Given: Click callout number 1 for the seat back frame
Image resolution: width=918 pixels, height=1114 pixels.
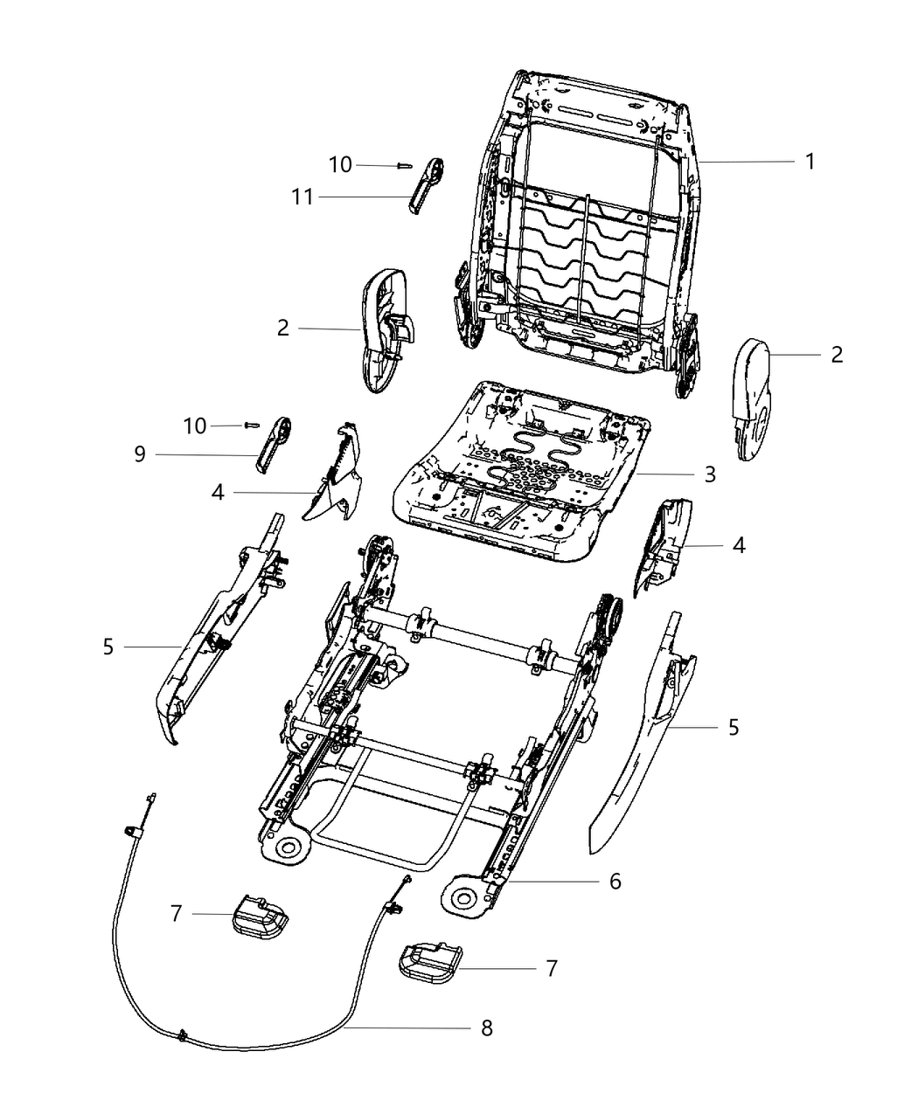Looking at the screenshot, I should (x=810, y=162).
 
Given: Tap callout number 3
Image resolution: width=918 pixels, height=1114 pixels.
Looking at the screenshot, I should (x=709, y=474).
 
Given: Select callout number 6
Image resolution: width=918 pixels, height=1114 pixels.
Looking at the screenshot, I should (x=615, y=882).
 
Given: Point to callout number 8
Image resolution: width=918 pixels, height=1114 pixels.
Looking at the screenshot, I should (x=486, y=1028).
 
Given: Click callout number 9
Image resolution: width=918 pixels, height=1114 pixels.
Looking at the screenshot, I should (x=138, y=454).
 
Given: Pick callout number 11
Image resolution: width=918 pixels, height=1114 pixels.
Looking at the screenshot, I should (x=302, y=198).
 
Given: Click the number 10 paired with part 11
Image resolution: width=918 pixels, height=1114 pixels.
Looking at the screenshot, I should (x=340, y=164).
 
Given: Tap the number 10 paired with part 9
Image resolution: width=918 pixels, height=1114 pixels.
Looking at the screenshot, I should (x=195, y=426).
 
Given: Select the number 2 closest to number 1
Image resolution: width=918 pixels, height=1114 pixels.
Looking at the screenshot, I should (x=837, y=354).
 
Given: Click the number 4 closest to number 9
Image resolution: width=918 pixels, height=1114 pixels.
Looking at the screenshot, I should (x=217, y=493).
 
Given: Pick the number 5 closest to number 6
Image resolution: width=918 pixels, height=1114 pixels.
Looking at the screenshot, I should (x=733, y=726).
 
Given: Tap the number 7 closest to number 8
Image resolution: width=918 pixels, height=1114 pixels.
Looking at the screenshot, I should (x=551, y=968).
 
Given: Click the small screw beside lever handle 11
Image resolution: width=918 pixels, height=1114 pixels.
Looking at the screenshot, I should (x=403, y=165).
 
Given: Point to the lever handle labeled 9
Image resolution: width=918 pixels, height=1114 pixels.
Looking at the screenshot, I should (x=273, y=444).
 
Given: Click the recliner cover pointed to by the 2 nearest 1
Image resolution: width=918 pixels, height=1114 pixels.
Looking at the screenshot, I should (x=751, y=398).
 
